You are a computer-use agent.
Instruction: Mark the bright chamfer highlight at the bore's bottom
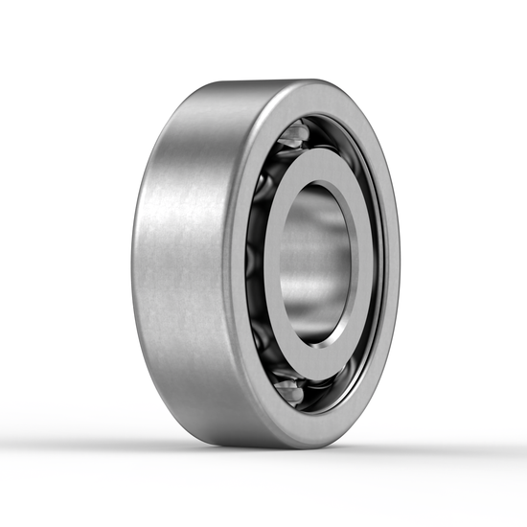322,340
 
